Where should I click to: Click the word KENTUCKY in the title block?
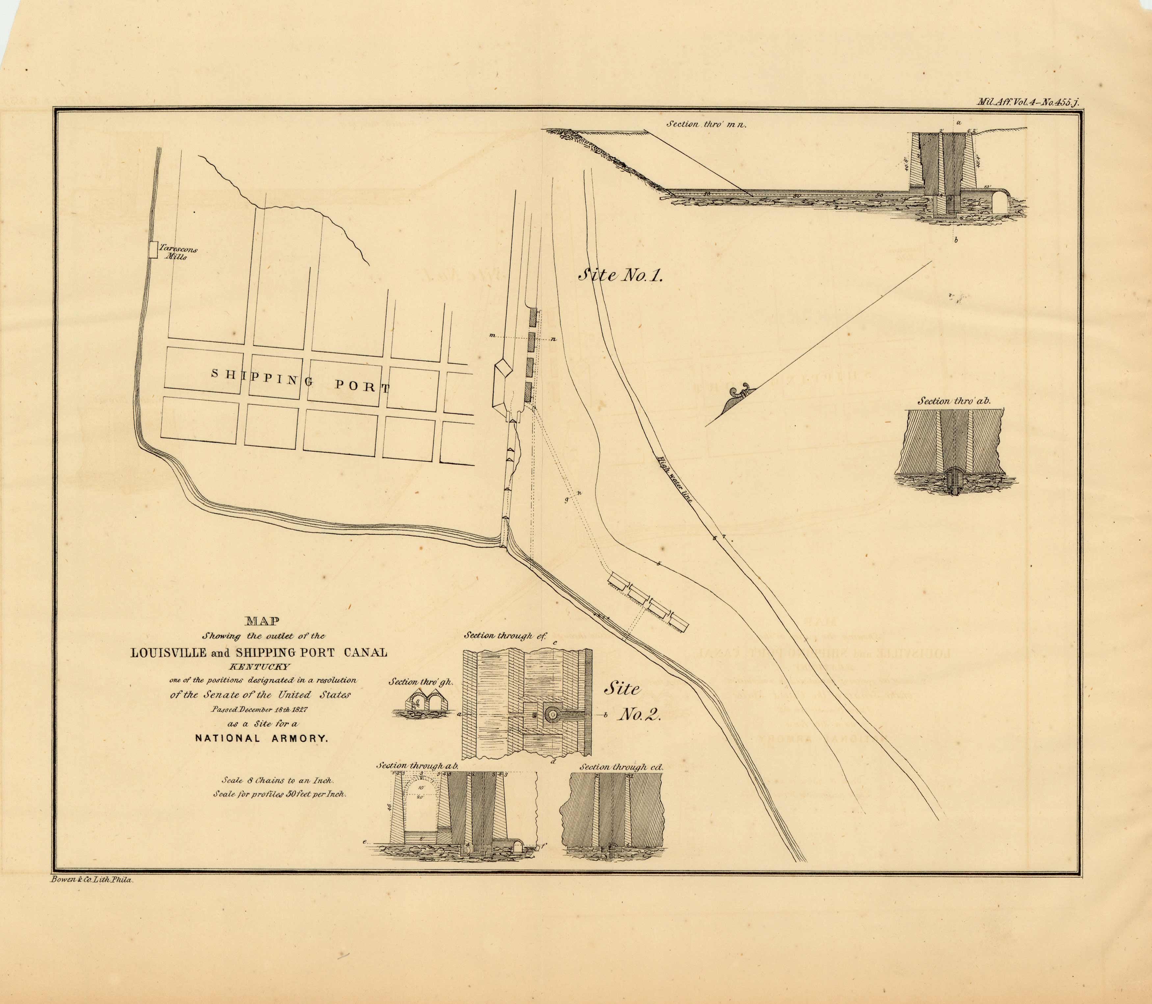click(259, 667)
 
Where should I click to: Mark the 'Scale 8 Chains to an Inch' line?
click(278, 780)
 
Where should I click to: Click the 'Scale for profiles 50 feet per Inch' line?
click(280, 794)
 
